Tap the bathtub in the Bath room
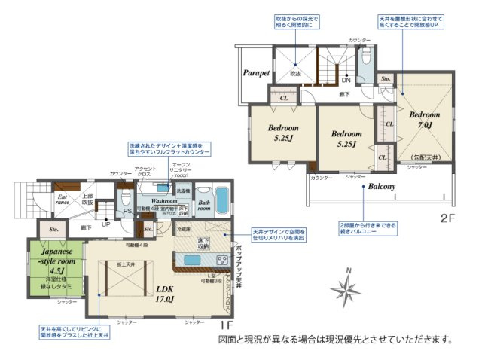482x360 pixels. [222, 200]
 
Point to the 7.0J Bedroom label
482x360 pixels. [419, 120]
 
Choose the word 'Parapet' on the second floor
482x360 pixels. [256, 74]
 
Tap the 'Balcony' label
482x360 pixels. [383, 185]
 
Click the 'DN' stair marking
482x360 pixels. [346, 80]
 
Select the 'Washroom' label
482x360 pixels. [163, 202]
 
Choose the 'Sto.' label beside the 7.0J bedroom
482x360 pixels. [385, 78]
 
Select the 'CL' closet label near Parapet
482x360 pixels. [284, 98]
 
